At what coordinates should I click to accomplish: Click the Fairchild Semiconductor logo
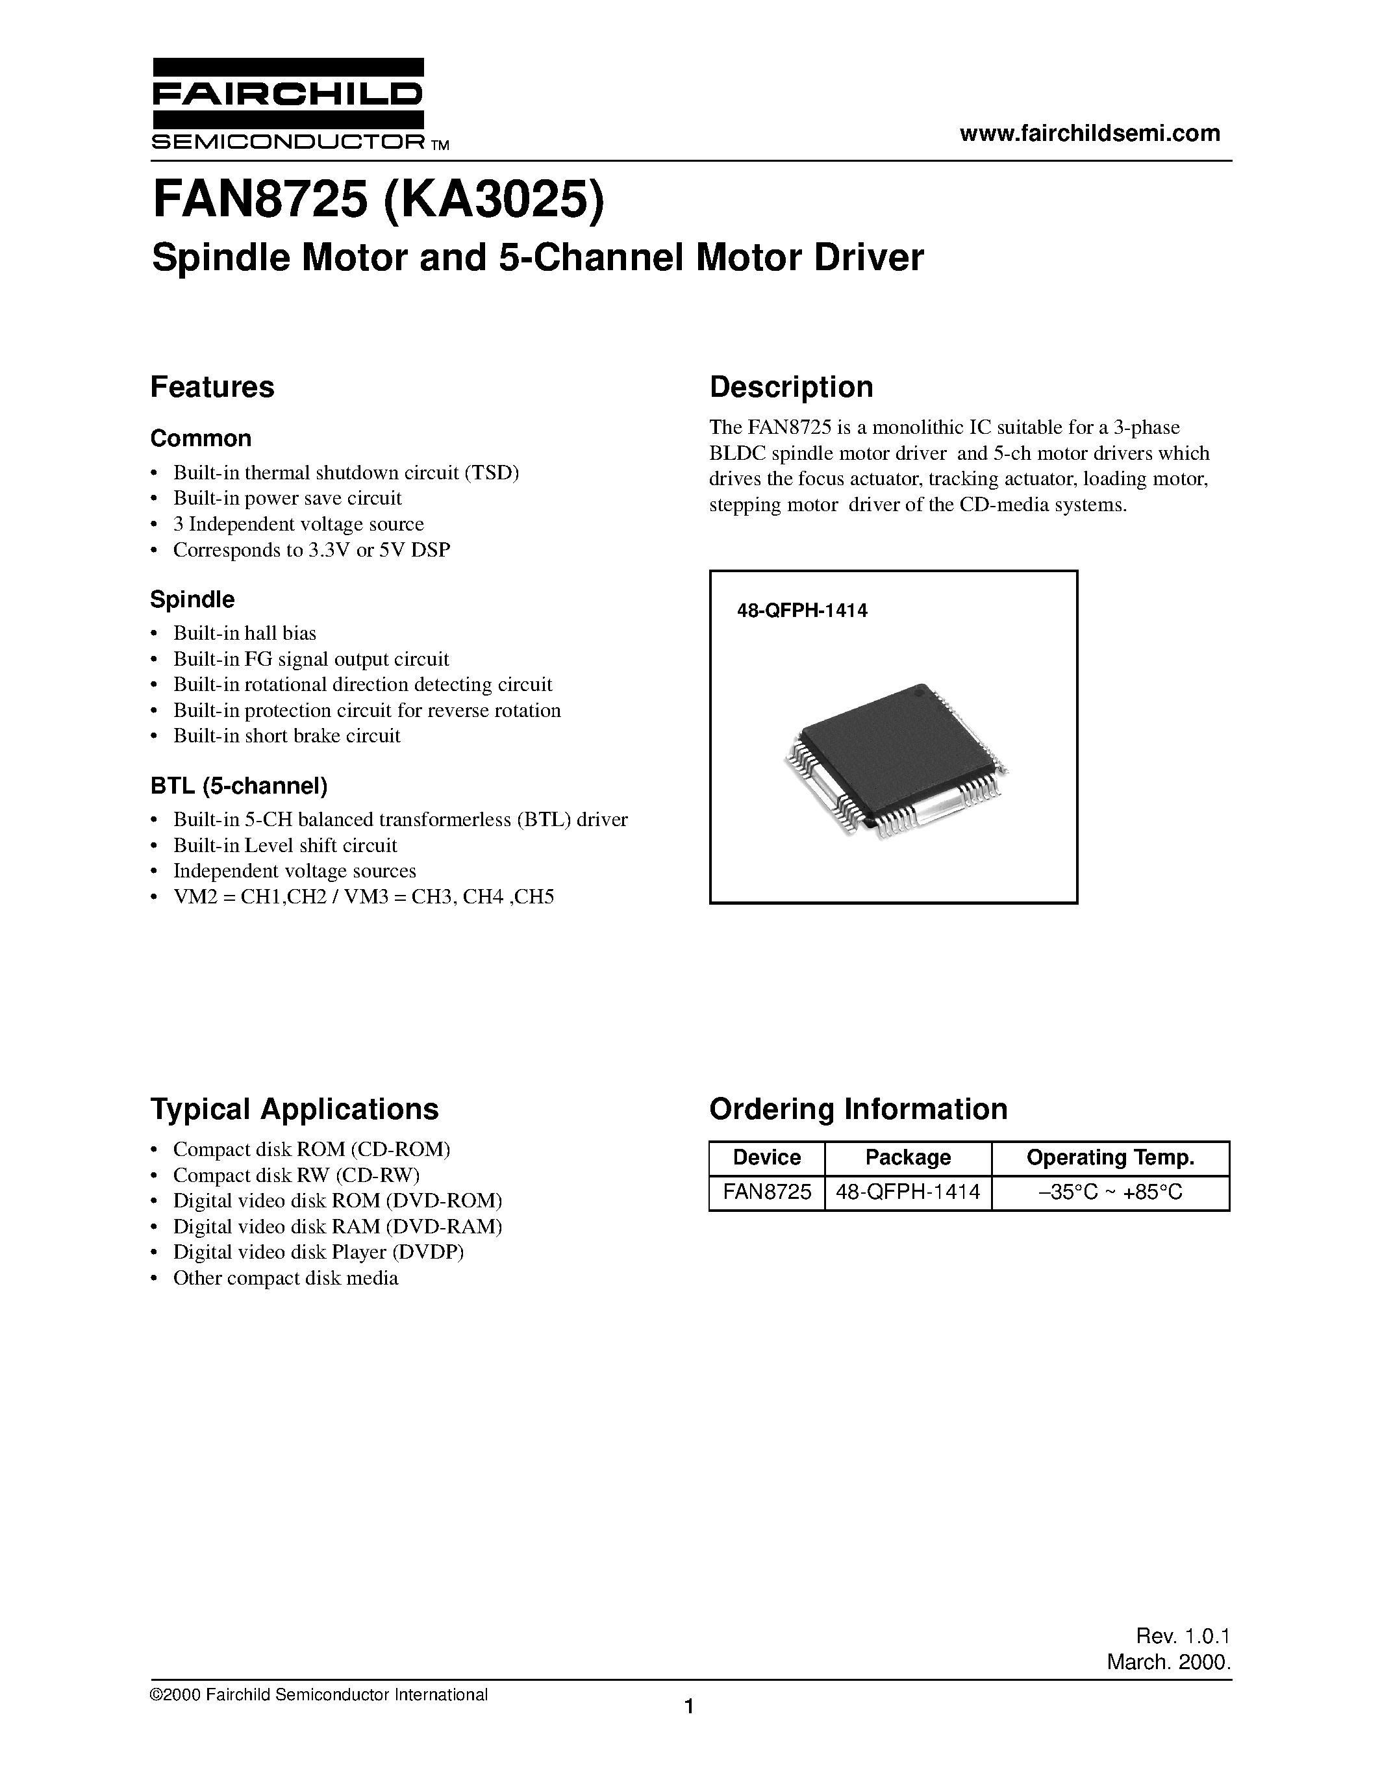click(x=288, y=104)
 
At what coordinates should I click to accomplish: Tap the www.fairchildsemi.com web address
click(x=1090, y=132)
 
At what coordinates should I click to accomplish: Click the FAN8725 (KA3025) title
click(x=379, y=202)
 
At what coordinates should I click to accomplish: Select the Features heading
click(x=212, y=387)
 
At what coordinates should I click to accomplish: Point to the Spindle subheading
click(x=192, y=599)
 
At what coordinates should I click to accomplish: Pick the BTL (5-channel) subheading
click(x=239, y=786)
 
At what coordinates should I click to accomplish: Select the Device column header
click(x=766, y=1157)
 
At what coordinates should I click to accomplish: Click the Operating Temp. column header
click(x=1110, y=1157)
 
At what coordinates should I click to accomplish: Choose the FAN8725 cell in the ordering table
click(x=766, y=1192)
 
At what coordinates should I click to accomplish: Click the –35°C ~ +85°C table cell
click(x=1110, y=1192)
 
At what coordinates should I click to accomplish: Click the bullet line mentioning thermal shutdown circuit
click(x=346, y=473)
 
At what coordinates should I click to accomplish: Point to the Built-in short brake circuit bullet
click(x=286, y=735)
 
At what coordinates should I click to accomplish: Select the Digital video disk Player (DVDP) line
click(x=318, y=1251)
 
